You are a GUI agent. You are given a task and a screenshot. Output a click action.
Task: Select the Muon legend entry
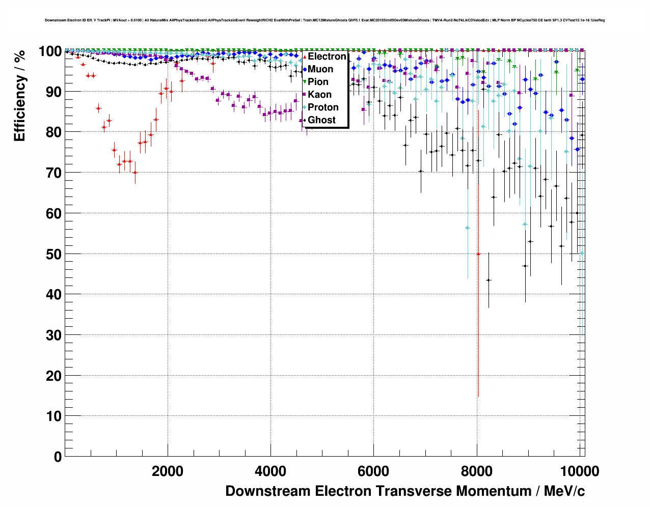pos(320,69)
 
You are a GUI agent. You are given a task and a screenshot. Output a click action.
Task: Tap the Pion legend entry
pos(318,82)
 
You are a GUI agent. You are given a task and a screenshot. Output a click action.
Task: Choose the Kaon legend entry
pos(319,95)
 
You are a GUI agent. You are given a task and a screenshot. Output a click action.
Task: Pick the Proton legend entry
pos(323,107)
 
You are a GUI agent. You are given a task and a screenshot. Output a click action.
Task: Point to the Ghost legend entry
pos(321,120)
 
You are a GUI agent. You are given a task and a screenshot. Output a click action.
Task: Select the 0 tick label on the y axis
pos(58,457)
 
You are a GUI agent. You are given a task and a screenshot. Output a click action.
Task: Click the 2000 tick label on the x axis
pos(168,471)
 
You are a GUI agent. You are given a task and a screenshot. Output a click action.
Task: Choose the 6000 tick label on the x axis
pos(373,471)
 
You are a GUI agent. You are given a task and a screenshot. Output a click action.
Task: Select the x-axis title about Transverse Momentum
pos(405,491)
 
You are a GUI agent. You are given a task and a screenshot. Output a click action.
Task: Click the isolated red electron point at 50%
pos(478,253)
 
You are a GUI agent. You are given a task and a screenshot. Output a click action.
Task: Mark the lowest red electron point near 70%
pos(135,173)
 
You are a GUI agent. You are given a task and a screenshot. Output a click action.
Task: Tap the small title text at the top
pos(324,20)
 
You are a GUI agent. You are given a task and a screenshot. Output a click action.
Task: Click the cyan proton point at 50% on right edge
pos(582,253)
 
